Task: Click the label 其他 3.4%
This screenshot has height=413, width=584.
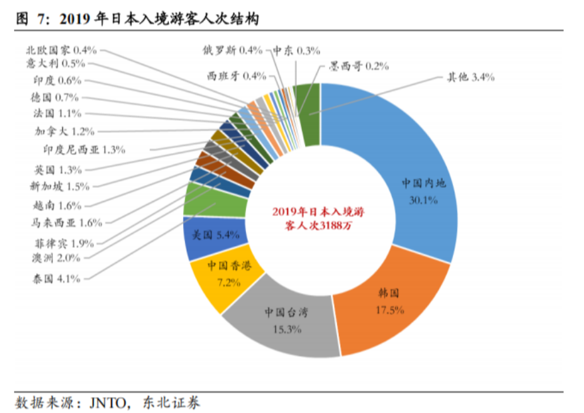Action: [x=471, y=77]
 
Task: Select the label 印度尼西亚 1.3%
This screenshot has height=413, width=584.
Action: [x=84, y=150]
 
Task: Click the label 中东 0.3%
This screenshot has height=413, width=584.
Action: [x=296, y=50]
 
